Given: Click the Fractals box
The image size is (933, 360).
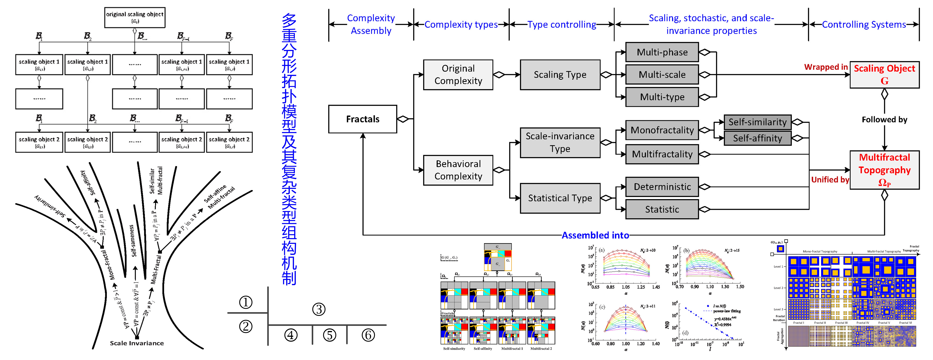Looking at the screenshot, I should coord(363,119).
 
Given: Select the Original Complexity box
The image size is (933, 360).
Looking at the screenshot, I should coord(458,75).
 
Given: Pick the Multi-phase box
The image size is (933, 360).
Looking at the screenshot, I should coord(662,52).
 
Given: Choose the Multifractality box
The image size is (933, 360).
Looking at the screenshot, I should coord(662,154).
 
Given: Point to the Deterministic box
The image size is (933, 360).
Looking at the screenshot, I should coord(662,187).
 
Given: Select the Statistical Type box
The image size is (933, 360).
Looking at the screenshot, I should coord(560,198).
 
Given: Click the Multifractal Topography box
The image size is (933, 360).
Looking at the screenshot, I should coord(884,170).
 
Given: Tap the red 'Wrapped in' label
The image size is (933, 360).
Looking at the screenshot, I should coord(826,67).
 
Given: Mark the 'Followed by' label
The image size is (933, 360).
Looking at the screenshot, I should coord(884,120).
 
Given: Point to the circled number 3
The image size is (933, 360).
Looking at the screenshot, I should coord(319,309).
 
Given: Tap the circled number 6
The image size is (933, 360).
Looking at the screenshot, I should coord(368,335).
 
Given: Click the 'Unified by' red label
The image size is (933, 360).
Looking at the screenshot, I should coord(830,180).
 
